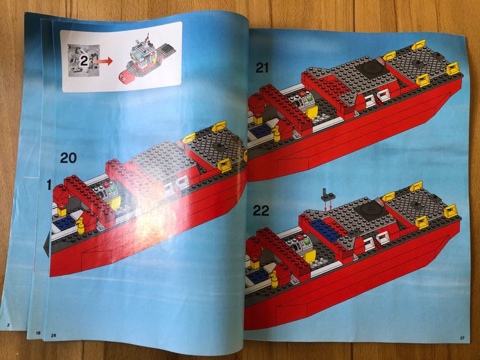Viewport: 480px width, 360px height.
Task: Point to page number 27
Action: tap(462, 338)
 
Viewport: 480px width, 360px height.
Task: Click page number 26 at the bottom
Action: tap(53, 335)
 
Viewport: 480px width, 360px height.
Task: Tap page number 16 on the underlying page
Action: tap(38, 332)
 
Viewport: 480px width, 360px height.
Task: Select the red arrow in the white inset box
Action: tap(102, 61)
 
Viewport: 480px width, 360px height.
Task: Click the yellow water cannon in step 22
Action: tap(274, 277)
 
